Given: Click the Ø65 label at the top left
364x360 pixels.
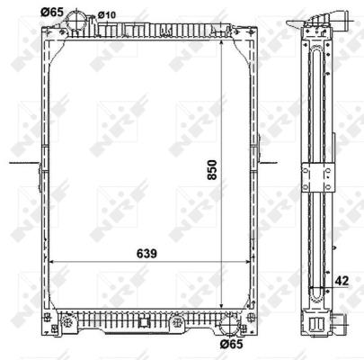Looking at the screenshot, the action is pyautogui.click(x=52, y=13).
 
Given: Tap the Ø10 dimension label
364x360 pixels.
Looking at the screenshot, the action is pyautogui.click(x=107, y=14).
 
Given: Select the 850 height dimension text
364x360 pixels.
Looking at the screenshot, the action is pyautogui.click(x=212, y=170).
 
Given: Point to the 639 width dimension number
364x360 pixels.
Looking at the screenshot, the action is pyautogui.click(x=146, y=254).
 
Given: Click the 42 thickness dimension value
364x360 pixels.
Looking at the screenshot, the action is pyautogui.click(x=342, y=281).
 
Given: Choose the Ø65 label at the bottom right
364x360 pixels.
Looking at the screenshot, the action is pyautogui.click(x=231, y=344).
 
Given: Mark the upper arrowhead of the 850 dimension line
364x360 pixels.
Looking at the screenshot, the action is pyautogui.click(x=221, y=43).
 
